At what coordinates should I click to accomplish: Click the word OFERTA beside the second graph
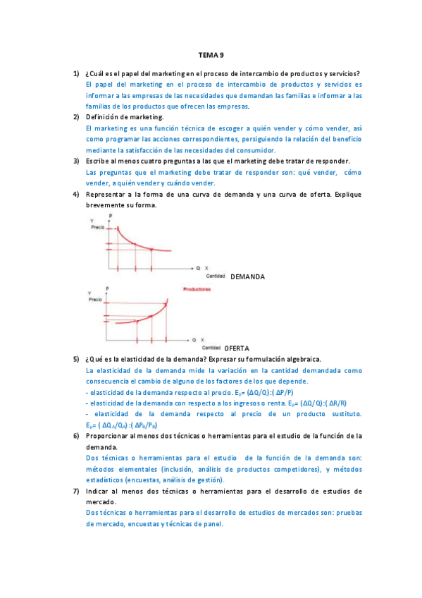pyautogui.click(x=237, y=348)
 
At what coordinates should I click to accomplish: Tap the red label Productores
pyautogui.click(x=197, y=290)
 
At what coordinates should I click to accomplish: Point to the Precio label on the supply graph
pyautogui.click(x=96, y=299)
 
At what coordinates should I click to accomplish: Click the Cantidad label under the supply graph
pyautogui.click(x=211, y=348)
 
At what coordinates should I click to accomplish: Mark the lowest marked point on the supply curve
pyautogui.click(x=135, y=321)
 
